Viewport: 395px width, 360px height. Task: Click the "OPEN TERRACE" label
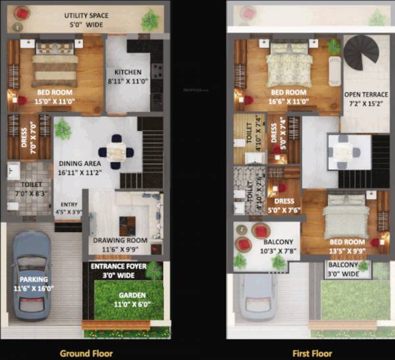366,94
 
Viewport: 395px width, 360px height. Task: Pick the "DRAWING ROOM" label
120,241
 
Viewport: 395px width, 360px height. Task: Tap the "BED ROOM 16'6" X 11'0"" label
288,96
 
